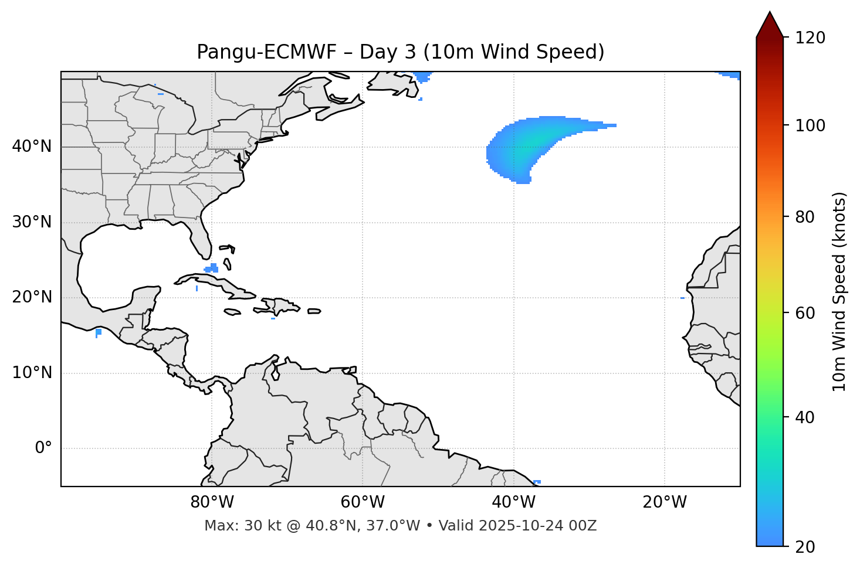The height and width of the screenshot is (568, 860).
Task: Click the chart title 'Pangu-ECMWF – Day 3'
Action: click(x=400, y=52)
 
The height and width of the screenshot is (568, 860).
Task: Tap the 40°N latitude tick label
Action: click(x=32, y=147)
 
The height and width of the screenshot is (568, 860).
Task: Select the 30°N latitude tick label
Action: click(x=32, y=222)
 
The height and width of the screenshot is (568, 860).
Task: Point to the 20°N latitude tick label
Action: click(x=32, y=297)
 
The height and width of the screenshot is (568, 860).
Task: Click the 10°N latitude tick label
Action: click(x=32, y=373)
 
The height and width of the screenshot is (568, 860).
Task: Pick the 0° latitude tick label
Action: click(x=43, y=448)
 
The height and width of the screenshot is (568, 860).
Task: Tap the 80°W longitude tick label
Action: click(x=212, y=502)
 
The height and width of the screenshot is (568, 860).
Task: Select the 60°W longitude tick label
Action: click(x=363, y=502)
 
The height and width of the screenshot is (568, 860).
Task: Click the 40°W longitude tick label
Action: click(x=513, y=502)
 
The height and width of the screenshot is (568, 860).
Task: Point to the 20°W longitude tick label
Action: click(x=664, y=502)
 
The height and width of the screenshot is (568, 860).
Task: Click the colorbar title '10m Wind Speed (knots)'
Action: click(x=839, y=292)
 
